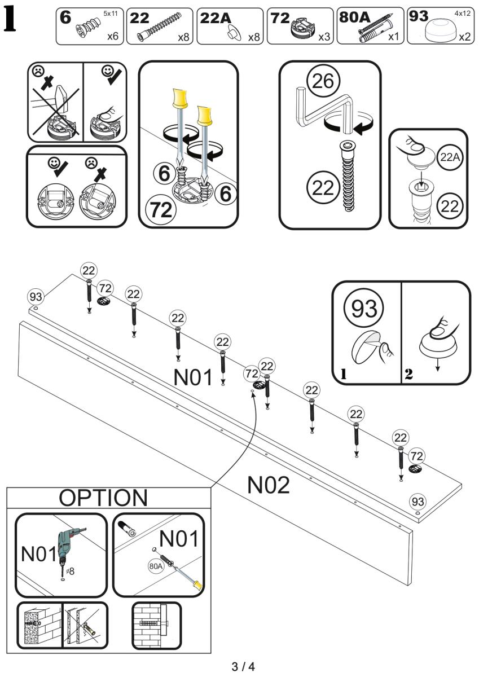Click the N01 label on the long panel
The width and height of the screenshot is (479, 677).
[193, 378]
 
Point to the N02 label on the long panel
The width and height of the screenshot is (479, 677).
[268, 485]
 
